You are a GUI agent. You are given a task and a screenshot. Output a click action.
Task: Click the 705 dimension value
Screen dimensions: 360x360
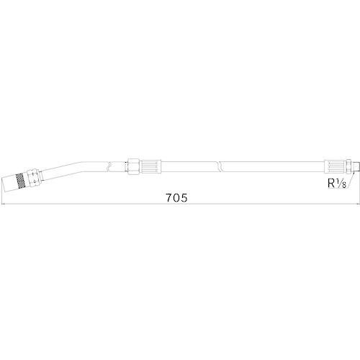176,198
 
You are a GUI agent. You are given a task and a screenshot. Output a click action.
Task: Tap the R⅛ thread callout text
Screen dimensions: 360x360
337,184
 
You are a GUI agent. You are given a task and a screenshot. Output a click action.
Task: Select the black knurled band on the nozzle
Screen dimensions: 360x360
20,181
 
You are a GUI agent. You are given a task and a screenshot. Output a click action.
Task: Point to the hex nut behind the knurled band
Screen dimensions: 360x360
32,177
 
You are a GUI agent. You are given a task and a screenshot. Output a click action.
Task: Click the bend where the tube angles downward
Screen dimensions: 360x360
81,166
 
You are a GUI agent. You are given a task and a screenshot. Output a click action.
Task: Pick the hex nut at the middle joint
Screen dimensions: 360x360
132,166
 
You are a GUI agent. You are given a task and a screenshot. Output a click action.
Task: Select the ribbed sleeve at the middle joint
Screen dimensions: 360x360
150,166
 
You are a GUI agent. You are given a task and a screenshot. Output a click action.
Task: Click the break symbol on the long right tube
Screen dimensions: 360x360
220,166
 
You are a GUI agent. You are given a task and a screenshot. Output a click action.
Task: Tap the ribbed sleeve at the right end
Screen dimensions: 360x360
334,166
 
